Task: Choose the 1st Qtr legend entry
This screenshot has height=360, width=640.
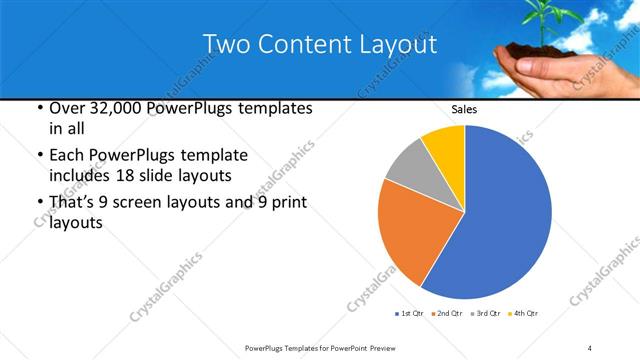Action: [413, 314]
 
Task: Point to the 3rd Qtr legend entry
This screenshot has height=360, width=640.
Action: [485, 314]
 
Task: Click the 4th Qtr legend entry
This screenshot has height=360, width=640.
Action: [522, 314]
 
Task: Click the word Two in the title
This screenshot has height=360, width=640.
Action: [224, 45]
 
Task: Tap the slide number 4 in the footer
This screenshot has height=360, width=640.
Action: [590, 347]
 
